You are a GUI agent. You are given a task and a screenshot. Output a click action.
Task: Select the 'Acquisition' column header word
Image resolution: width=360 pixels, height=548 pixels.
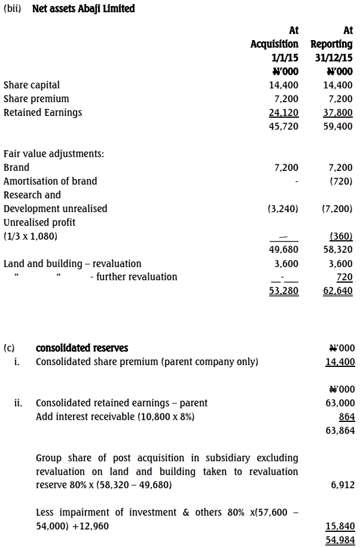click(274, 44)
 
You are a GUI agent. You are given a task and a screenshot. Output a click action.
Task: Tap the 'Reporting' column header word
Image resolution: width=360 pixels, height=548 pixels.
click(332, 44)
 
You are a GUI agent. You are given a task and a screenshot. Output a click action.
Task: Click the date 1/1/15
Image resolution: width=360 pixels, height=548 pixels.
click(285, 58)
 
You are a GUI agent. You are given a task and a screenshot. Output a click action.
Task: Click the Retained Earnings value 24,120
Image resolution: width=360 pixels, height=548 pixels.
click(284, 112)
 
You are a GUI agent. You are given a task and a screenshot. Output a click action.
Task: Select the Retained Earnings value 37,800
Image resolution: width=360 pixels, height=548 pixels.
click(338, 112)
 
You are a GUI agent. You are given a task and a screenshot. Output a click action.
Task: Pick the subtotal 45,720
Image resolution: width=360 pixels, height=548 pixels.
click(284, 127)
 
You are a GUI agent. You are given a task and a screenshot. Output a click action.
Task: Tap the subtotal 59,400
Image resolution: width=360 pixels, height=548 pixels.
click(338, 127)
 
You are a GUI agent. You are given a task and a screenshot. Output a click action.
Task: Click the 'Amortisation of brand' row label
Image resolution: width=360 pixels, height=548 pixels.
click(50, 181)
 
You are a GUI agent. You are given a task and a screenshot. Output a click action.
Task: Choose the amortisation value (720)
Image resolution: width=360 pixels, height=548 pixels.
click(341, 181)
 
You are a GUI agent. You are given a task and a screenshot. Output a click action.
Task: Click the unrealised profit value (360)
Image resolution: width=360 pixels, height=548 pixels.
click(341, 236)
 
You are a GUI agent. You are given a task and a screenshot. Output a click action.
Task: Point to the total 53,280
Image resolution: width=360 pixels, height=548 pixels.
click(284, 291)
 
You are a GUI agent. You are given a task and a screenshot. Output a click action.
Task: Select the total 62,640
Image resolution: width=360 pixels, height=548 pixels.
click(338, 291)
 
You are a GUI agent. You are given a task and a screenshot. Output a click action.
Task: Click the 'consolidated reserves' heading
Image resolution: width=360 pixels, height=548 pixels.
click(82, 348)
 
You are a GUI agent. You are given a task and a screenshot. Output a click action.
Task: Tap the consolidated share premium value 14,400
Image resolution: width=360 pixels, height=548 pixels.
click(340, 362)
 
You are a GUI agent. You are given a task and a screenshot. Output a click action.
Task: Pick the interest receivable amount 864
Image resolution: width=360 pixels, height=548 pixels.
click(346, 417)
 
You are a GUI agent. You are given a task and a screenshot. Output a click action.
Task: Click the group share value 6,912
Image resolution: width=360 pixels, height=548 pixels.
click(343, 485)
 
